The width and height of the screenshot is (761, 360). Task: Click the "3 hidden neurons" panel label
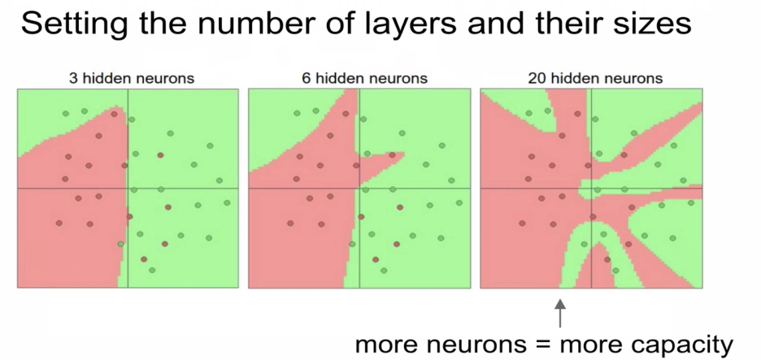click(127, 79)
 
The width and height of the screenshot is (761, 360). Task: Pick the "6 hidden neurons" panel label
click(359, 79)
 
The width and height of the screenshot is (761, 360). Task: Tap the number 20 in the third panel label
click(536, 79)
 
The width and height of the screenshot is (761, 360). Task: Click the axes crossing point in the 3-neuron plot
click(128, 189)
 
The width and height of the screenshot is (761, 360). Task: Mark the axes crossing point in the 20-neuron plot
click(591, 189)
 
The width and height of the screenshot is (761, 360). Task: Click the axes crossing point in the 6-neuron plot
click(359, 189)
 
